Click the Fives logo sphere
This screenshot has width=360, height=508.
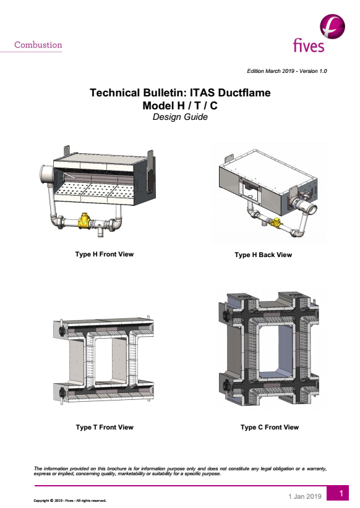(x=332, y=26)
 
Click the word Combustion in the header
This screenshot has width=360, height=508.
(x=38, y=44)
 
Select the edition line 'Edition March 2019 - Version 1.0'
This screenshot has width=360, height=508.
(x=287, y=71)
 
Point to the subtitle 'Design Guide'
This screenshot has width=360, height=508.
(x=180, y=117)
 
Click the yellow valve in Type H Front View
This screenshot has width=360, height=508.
(x=85, y=221)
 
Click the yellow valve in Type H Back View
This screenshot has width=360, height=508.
(x=276, y=222)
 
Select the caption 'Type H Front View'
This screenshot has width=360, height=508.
(x=105, y=255)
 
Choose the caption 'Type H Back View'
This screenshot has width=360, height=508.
(x=264, y=255)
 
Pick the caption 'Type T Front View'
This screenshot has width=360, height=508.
(x=105, y=427)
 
